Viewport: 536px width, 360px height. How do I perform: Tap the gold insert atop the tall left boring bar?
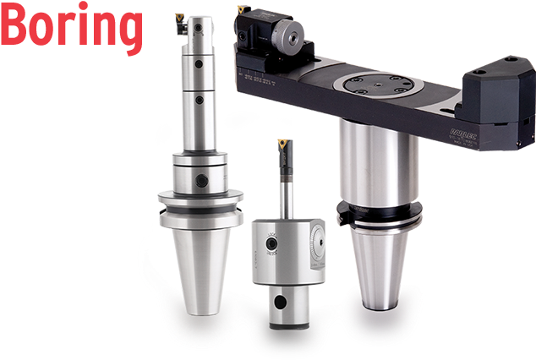click(180, 16)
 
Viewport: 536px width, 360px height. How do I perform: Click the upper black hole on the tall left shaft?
click(200, 63)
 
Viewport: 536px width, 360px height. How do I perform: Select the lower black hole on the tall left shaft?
click(200, 99)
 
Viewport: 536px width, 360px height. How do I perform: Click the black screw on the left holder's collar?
click(204, 178)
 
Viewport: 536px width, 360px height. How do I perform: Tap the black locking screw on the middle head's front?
click(271, 245)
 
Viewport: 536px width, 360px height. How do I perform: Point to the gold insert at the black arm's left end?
click(244, 9)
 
